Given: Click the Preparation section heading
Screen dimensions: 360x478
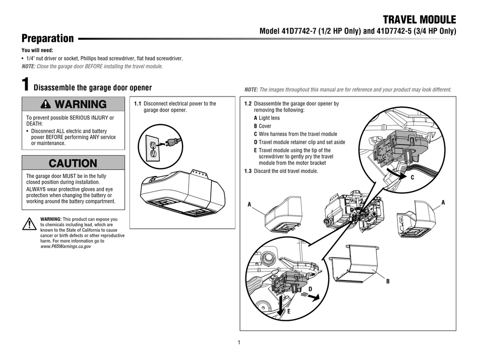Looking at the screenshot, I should (47, 39).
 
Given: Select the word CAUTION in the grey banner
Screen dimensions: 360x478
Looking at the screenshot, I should (73, 163).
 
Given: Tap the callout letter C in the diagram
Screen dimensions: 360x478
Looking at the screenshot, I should (413, 177).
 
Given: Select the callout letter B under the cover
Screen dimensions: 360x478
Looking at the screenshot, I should (387, 282).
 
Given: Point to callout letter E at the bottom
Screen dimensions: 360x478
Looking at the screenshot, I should (288, 312).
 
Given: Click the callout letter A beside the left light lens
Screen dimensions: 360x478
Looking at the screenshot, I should (249, 205).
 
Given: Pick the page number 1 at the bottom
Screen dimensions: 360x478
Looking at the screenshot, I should (240, 343).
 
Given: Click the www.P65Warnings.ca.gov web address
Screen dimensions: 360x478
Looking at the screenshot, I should (65, 247).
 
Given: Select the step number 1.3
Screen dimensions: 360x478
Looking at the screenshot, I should (248, 171).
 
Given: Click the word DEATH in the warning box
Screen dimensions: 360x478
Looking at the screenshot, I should (35, 124).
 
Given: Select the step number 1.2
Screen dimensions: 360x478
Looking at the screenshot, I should (248, 104).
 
